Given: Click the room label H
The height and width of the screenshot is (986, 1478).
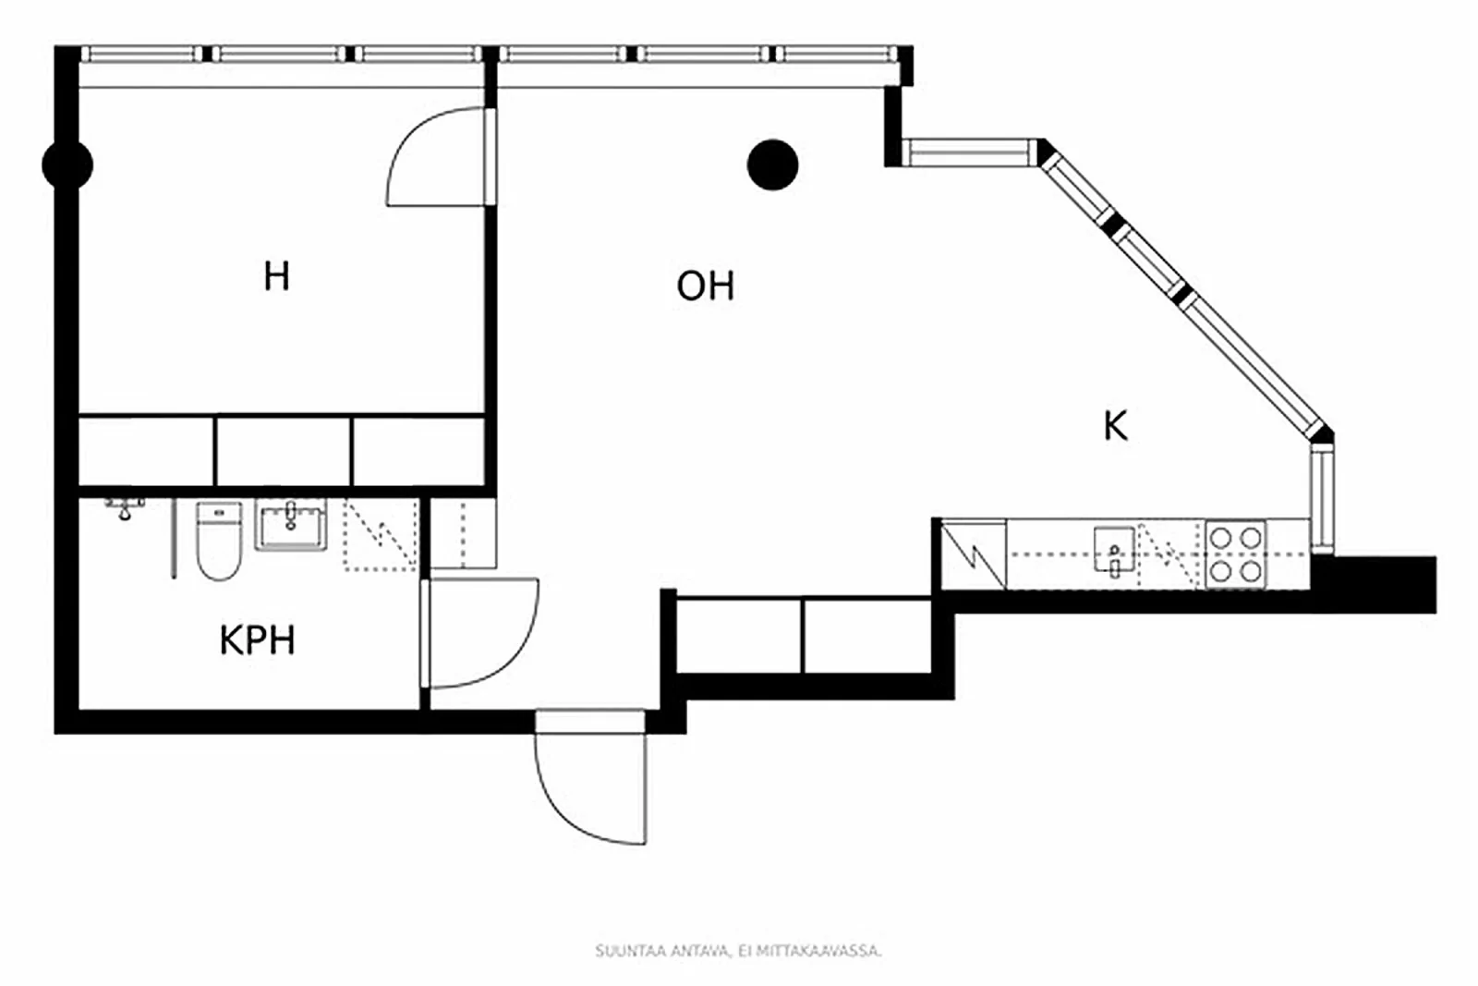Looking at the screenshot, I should coord(276,276).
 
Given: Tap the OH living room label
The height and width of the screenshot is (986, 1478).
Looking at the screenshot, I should coord(705,286).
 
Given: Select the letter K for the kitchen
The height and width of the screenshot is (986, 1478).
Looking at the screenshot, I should coord(1115,426).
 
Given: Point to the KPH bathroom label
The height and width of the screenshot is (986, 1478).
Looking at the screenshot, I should coord(257,640).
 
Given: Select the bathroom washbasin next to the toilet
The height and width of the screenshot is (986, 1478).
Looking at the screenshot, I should coord(291,528).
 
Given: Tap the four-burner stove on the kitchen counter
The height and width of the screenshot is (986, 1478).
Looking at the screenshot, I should coord(1235,554).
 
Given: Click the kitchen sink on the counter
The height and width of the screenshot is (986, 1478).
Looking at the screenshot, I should coord(1113,551).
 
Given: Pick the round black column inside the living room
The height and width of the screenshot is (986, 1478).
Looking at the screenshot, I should coord(772,165).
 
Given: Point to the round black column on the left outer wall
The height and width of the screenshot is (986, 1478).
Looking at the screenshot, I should coord(67,164).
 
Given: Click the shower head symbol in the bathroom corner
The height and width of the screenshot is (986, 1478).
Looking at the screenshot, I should coord(125,507).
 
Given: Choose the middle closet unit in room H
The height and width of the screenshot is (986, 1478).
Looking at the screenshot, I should coord(283,451).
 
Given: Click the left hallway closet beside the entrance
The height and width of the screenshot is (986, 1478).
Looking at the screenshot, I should coord(739,636).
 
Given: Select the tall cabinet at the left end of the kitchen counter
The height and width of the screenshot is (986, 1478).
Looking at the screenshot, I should coord(973,554).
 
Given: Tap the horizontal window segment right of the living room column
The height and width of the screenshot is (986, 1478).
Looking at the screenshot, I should coord(970,152).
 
